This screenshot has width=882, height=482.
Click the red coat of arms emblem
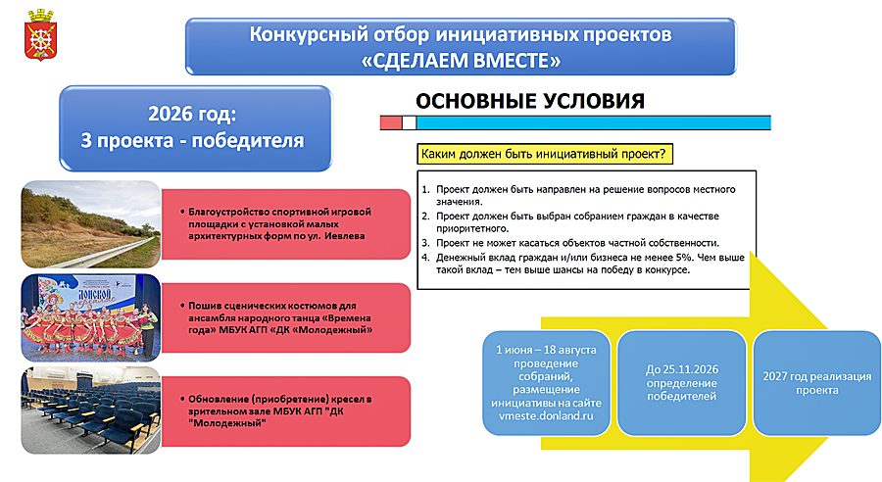coord(40,35)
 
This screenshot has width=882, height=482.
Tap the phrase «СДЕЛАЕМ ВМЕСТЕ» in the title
coord(461,61)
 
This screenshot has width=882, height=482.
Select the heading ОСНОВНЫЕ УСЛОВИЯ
coord(530,101)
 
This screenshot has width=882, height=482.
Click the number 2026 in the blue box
coord(170,114)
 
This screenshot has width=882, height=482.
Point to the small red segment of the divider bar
coord(391,122)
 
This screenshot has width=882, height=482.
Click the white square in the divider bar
coord(410,122)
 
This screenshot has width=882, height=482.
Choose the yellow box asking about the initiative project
coord(545,154)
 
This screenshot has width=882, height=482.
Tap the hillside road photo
coord(91,224)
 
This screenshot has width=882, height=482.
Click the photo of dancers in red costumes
coord(91,317)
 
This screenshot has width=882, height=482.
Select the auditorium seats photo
coord(91,410)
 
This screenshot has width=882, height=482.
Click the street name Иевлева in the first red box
coord(344,236)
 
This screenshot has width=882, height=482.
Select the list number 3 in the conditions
coord(425,243)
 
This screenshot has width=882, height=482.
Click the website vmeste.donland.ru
coord(546,416)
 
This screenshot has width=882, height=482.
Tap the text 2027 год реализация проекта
coord(816,383)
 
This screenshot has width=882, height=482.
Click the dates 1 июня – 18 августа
coord(546,350)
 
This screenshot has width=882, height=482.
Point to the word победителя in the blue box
coord(248,141)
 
